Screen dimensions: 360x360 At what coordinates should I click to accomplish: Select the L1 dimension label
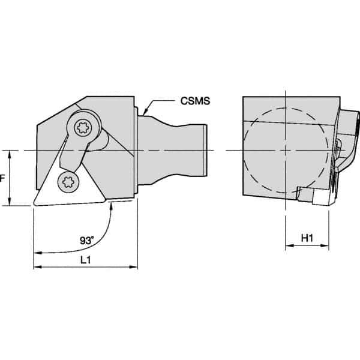[85, 259]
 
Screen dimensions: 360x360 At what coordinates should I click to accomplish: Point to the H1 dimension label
[307, 238]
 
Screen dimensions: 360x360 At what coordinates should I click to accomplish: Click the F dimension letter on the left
[2, 178]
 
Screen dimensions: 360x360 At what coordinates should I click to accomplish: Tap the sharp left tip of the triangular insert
[34, 205]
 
